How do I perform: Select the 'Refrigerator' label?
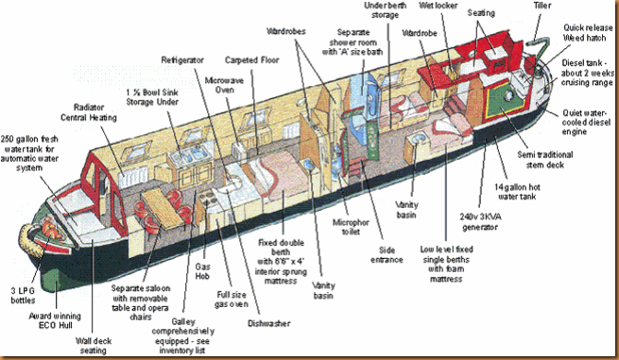click(x=181, y=60)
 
